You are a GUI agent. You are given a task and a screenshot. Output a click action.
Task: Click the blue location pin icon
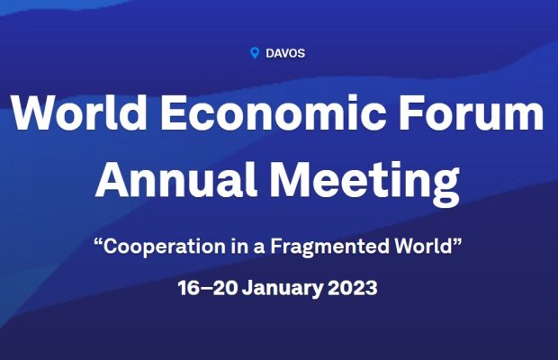tap(255, 53)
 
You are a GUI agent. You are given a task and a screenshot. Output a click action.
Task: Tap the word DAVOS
tap(285, 53)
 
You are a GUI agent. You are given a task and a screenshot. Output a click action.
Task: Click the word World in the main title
tap(78, 112)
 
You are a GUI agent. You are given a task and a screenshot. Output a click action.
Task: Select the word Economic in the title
tap(274, 112)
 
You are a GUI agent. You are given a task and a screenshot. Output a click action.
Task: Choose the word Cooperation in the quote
tap(165, 247)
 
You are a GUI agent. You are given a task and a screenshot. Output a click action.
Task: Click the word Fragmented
tap(329, 247)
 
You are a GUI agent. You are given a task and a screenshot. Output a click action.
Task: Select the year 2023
tap(352, 288)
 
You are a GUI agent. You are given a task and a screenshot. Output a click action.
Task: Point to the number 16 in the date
tap(189, 288)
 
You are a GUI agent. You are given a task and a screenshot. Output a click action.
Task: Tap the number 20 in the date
tap(225, 288)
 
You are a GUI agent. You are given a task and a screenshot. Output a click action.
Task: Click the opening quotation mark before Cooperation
tap(98, 241)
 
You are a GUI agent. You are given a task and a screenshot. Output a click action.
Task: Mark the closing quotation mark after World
tap(457, 241)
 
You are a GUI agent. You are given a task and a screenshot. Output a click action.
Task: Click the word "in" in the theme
tap(238, 246)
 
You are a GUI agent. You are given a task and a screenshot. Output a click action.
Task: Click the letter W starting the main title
tap(32, 112)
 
